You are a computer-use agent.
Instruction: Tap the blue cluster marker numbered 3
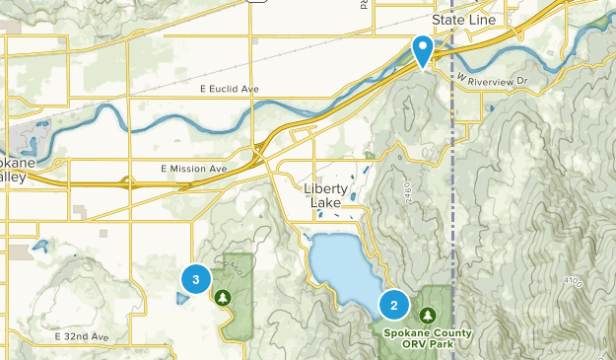click(x=196, y=280)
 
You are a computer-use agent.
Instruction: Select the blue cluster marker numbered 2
click(x=394, y=305)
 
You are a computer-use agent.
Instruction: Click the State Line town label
click(x=462, y=19)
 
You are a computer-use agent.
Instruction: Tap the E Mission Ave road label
click(x=193, y=169)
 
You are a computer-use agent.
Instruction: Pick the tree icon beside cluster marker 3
click(x=224, y=296)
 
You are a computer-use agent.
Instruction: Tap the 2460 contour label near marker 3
click(x=231, y=266)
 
